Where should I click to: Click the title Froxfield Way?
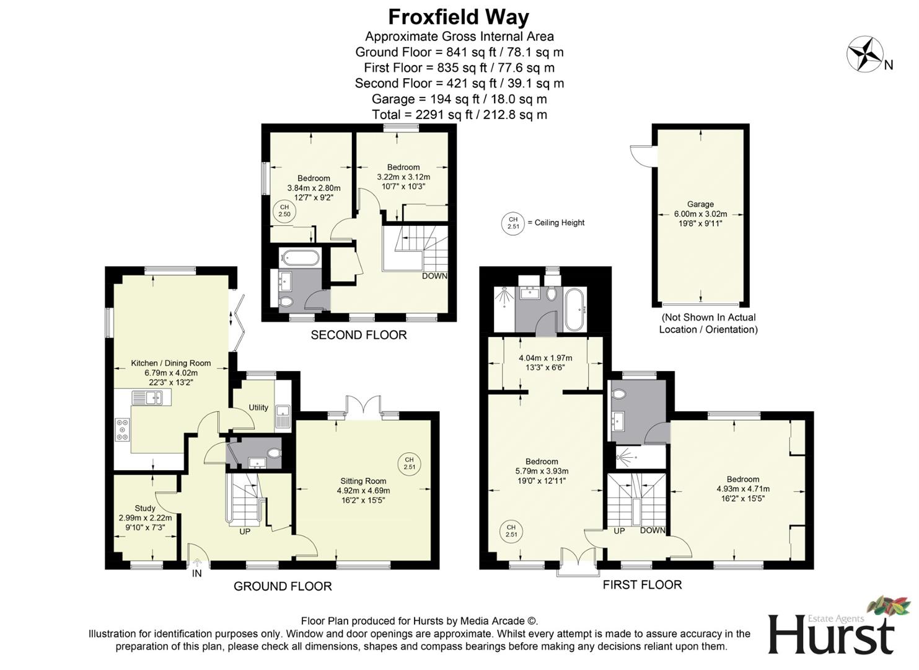click(x=459, y=17)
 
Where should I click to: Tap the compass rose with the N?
click(x=865, y=54)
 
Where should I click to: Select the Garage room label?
click(x=700, y=204)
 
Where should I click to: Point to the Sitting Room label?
click(x=363, y=481)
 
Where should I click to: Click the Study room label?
click(x=145, y=508)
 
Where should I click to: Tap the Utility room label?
click(x=258, y=408)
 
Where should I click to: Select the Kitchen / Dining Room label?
click(x=170, y=364)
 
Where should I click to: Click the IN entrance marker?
click(x=197, y=574)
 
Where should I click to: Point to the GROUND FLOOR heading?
click(x=283, y=586)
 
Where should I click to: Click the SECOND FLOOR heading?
click(x=359, y=335)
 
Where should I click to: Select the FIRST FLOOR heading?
click(x=642, y=585)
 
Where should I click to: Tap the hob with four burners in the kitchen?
click(x=123, y=429)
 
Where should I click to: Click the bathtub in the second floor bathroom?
click(x=300, y=257)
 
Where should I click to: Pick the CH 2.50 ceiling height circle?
click(x=284, y=211)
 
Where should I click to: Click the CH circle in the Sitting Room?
click(x=409, y=463)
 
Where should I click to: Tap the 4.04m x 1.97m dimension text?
click(x=545, y=358)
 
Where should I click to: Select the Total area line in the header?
click(x=459, y=114)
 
